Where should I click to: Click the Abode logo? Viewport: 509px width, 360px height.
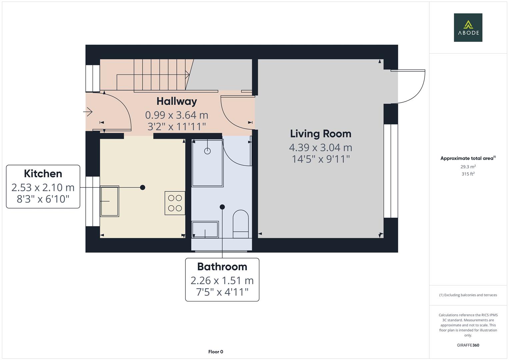[468, 28]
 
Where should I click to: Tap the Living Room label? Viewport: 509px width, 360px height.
[320, 134]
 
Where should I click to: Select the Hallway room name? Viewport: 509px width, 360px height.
[177, 101]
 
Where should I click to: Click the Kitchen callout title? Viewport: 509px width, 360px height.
[43, 174]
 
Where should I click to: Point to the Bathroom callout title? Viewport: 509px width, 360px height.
[222, 267]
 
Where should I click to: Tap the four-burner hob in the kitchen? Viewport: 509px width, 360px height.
[175, 203]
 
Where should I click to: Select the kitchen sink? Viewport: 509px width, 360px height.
[110, 201]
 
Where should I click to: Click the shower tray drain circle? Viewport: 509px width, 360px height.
[207, 151]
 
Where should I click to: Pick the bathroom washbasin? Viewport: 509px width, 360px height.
[205, 229]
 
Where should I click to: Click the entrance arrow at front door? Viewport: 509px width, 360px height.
[88, 112]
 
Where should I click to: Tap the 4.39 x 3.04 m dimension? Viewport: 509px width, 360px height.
[320, 147]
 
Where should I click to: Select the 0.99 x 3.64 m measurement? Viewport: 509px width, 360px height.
[177, 115]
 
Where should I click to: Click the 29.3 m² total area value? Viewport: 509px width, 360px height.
[468, 167]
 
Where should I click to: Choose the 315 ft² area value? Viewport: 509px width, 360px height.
[468, 174]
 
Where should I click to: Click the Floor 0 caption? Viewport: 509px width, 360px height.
[216, 352]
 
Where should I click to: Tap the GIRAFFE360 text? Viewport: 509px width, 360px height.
[468, 345]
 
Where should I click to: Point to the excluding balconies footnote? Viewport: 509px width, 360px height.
[468, 295]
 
